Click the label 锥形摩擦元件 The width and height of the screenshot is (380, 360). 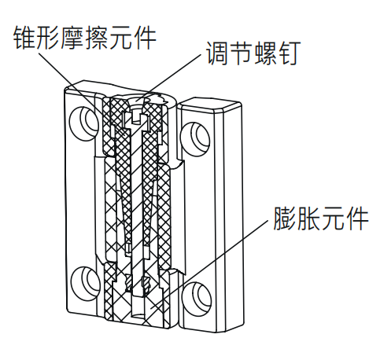click(x=85, y=37)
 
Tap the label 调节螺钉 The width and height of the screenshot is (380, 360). click(x=253, y=53)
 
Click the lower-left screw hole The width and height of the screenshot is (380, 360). click(x=86, y=284)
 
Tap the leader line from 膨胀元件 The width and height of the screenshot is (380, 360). click(x=211, y=264)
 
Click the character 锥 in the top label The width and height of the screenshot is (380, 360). click(x=25, y=38)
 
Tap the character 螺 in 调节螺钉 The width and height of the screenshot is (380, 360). click(x=265, y=53)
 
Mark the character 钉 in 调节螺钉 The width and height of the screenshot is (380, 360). click(x=289, y=53)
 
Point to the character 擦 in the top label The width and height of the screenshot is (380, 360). click(x=97, y=38)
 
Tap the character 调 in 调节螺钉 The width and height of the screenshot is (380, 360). click(x=218, y=53)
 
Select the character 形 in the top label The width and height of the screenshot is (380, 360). click(x=49, y=38)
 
